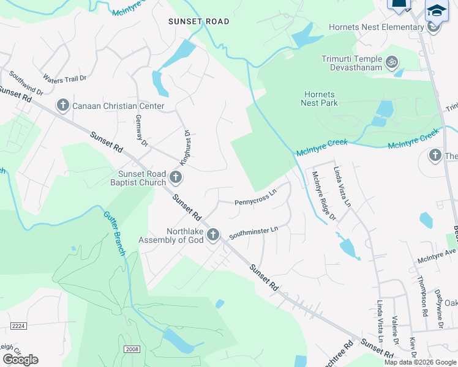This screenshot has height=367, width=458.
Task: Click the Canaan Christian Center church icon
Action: point(62,106)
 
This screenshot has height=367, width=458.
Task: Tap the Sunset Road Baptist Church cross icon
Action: point(176,178)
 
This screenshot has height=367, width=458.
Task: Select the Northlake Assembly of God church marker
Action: point(213,235)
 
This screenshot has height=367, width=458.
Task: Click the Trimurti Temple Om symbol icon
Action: point(391,62)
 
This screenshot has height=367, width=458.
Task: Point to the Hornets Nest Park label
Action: point(319,98)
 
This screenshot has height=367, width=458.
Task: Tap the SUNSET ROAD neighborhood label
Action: point(199,21)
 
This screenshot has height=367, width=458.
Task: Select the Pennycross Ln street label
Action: point(255,198)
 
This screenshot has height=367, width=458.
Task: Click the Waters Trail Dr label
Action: point(65,79)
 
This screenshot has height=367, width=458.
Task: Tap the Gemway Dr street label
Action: point(142,130)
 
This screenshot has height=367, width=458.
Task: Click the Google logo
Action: point(20,360)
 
